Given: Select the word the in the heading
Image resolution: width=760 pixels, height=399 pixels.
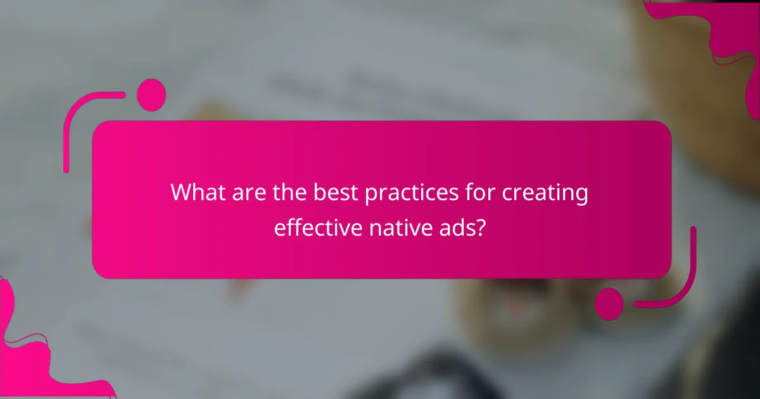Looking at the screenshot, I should (x=288, y=193).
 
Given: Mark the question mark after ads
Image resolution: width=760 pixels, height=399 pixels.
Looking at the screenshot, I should (x=483, y=227).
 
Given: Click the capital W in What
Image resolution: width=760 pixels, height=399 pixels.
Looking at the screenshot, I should (x=182, y=193).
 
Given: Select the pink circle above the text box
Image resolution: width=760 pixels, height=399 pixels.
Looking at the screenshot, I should (x=151, y=95).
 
